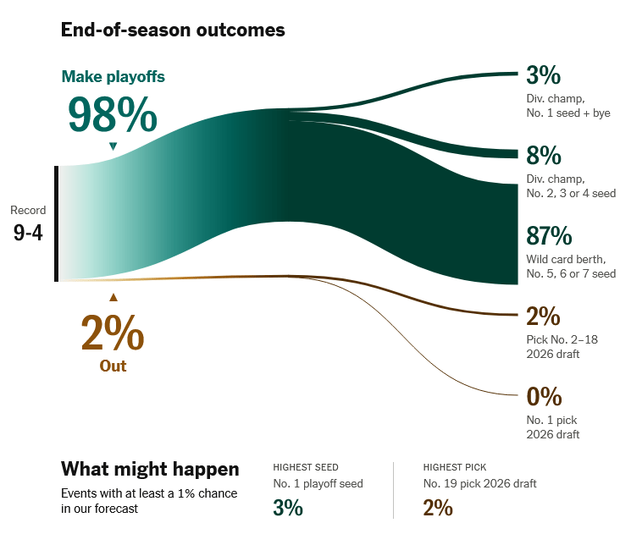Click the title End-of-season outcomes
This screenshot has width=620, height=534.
(x=173, y=30)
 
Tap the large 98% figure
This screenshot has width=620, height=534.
(x=113, y=115)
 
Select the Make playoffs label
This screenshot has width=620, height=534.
(x=113, y=76)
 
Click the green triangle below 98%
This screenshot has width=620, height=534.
(x=113, y=146)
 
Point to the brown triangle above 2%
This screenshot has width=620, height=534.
(x=113, y=297)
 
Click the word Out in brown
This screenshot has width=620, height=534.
(x=113, y=366)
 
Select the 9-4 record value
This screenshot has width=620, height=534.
(x=28, y=233)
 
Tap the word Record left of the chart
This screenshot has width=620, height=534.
(x=28, y=210)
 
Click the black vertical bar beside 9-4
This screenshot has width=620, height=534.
(x=57, y=223)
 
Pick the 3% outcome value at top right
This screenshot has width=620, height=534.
(x=543, y=75)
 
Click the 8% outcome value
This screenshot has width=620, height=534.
(x=543, y=156)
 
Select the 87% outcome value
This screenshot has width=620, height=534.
(x=549, y=236)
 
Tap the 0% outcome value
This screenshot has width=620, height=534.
(x=543, y=396)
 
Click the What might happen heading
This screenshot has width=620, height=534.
(x=150, y=469)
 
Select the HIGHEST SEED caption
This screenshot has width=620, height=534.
(x=306, y=467)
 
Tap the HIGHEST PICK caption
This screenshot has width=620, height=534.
(x=455, y=467)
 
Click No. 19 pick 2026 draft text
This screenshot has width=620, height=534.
(x=479, y=484)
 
